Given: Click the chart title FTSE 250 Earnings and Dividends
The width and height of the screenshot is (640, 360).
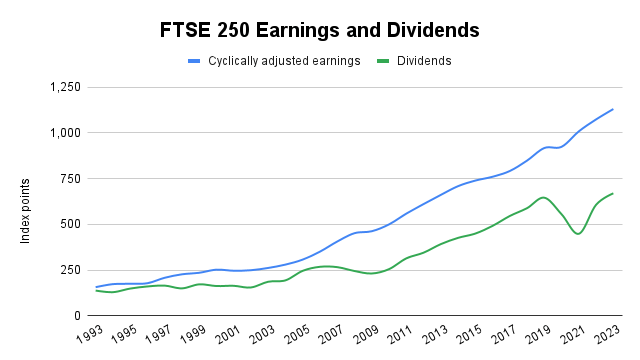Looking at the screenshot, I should (319, 31).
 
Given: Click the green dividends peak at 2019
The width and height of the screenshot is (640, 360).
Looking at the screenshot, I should (543, 197).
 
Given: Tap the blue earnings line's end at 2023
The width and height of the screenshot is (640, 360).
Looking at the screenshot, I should (612, 109).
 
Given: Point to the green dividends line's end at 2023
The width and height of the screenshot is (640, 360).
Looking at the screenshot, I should (612, 193).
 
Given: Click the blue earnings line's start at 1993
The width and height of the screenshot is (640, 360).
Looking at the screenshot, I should (96, 287).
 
